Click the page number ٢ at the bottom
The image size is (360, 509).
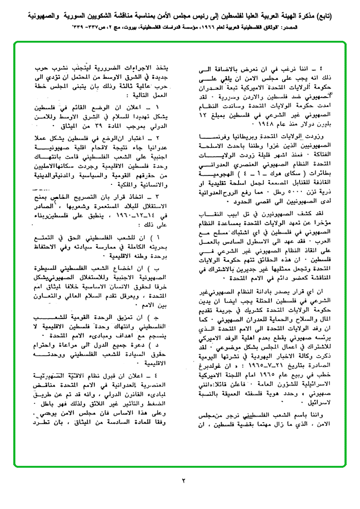[184, 480]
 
